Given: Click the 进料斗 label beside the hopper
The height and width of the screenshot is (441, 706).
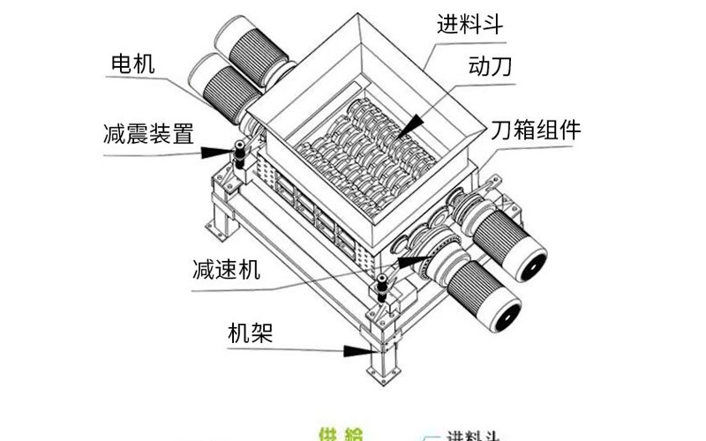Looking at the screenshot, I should pos(469,24).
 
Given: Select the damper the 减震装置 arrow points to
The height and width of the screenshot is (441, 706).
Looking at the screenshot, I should pos(238,154).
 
